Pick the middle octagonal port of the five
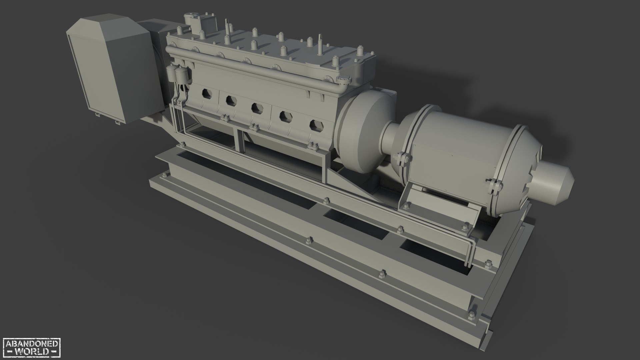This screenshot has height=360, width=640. click(x=256, y=108)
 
